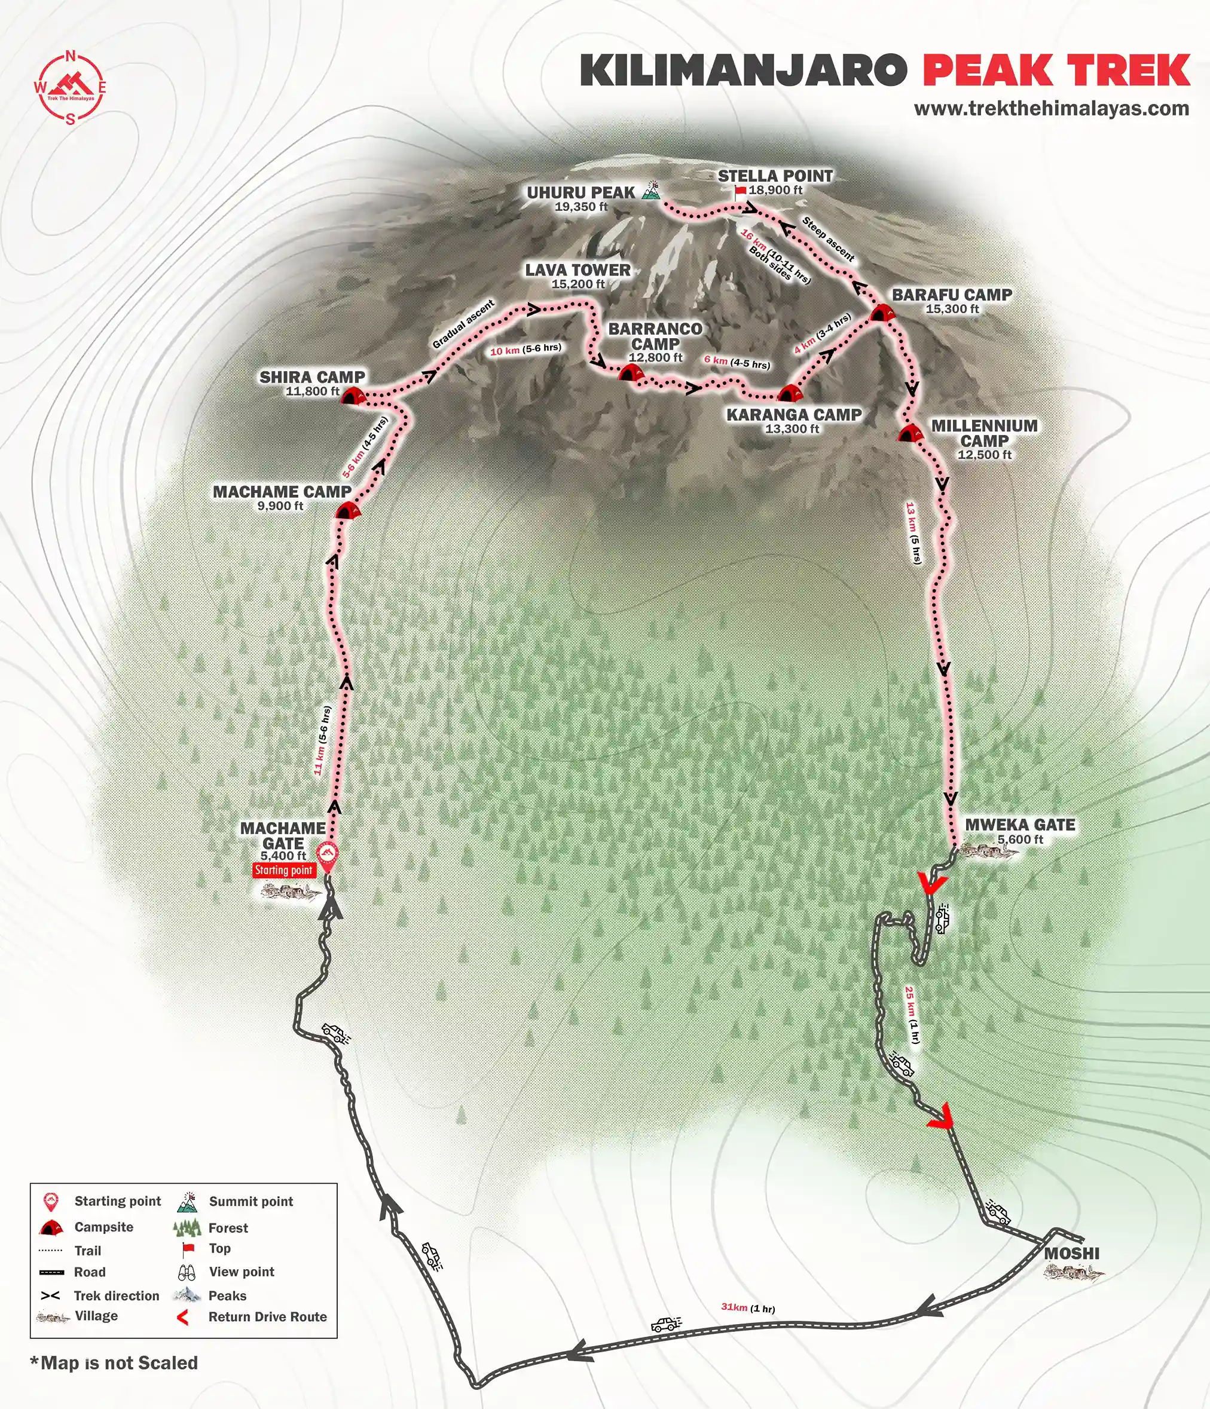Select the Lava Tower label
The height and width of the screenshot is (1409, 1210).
577,270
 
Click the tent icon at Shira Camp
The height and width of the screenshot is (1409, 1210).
352,396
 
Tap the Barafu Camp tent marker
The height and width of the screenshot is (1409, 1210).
881,314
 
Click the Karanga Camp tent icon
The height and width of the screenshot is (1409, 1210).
789,393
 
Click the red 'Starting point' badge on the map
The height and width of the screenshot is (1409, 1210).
283,870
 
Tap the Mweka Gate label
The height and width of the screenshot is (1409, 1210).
1019,825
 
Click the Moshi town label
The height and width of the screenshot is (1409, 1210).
1072,1252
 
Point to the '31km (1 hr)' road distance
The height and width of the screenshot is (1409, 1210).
747,1307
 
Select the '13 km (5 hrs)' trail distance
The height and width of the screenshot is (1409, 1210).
913,532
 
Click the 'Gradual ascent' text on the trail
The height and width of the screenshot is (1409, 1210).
463,324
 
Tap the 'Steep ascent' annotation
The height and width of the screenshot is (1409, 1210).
828,240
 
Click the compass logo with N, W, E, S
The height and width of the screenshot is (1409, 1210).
70,88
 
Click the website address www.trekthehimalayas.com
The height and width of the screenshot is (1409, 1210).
1051,109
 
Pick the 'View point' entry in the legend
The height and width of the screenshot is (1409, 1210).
242,1272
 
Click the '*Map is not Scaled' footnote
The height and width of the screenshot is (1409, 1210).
114,1363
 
